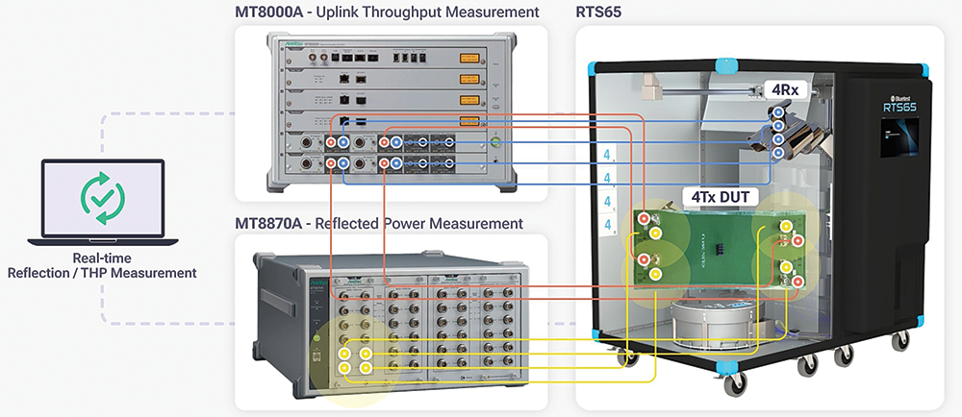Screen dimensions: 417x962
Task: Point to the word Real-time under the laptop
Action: [101, 258]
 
